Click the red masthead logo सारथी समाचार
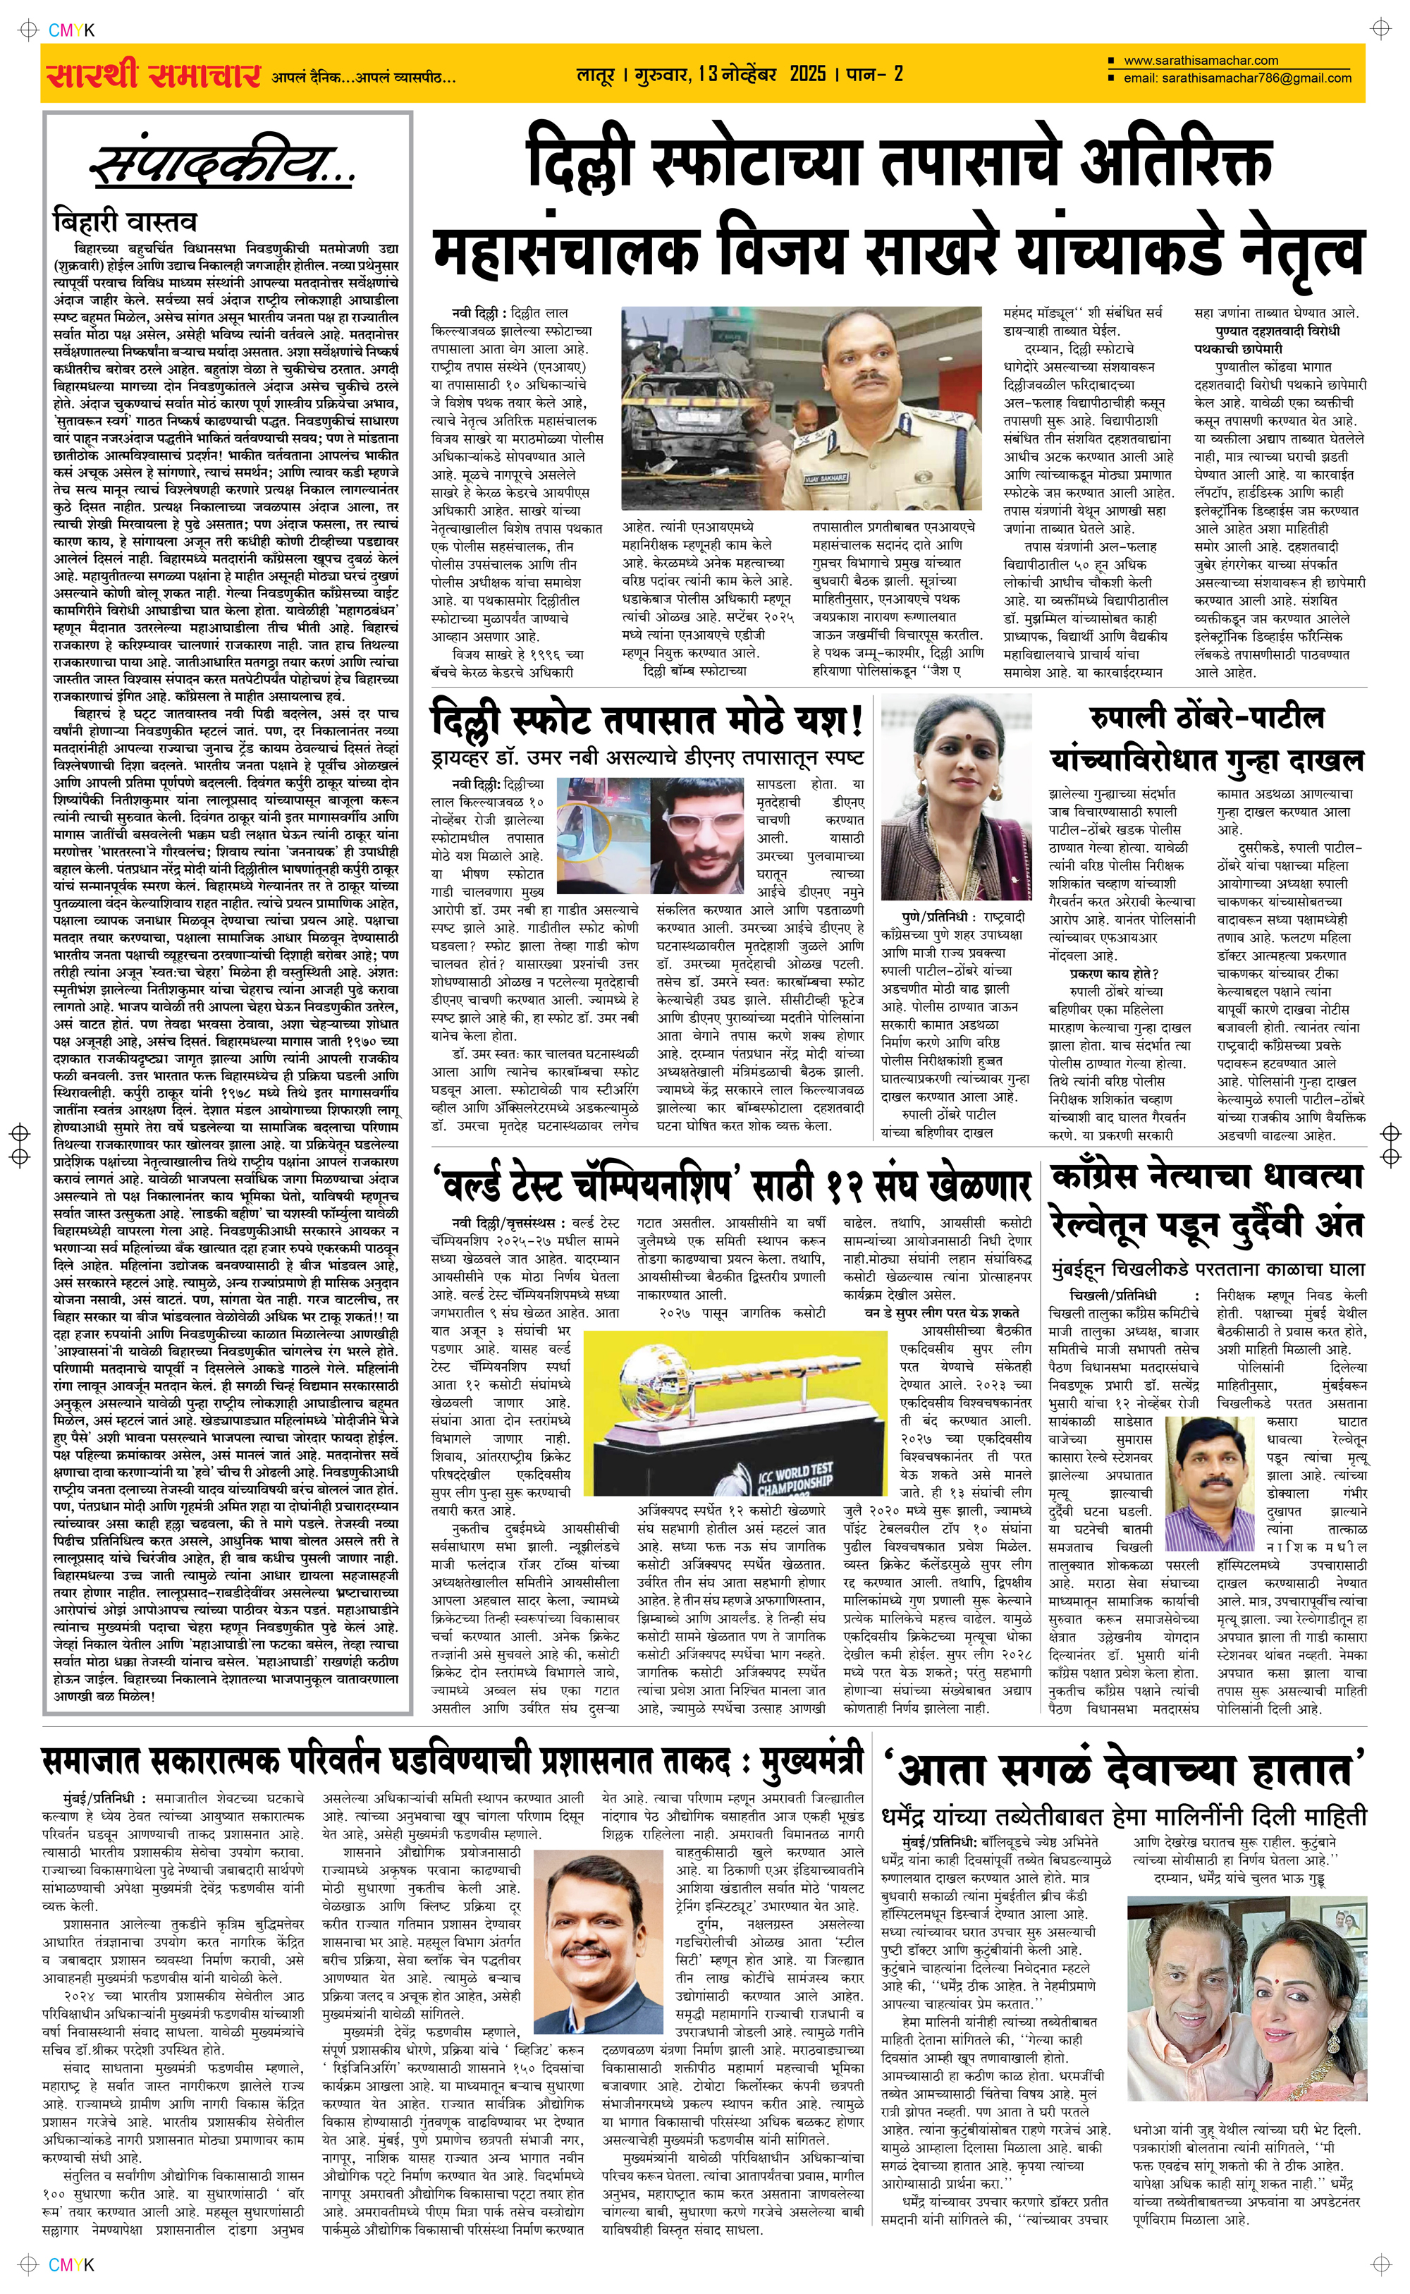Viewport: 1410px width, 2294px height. [x=153, y=75]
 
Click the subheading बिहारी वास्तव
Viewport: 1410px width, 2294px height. [x=125, y=222]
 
